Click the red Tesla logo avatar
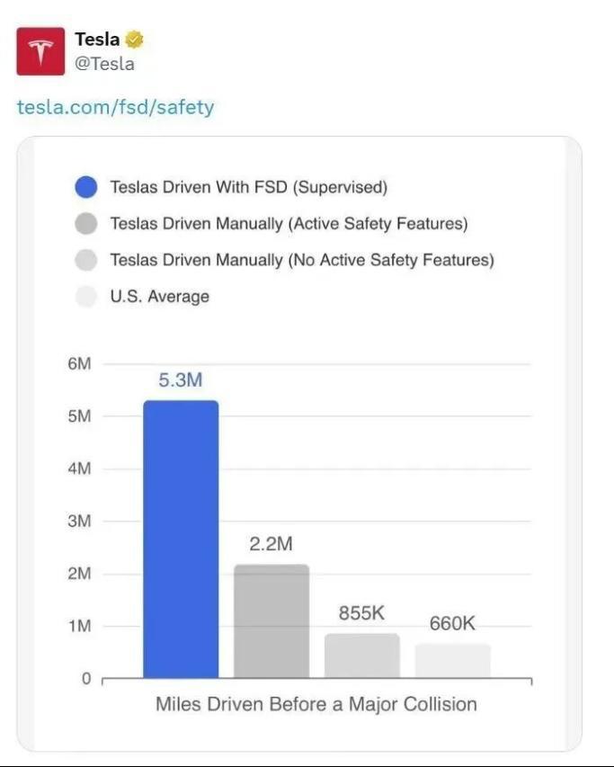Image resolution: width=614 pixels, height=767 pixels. (x=40, y=50)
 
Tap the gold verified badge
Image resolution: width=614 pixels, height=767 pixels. (x=135, y=40)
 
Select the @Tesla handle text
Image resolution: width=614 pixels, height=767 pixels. (x=104, y=64)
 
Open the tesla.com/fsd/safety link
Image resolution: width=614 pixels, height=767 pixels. (x=116, y=108)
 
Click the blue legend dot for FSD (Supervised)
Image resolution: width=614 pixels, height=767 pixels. (x=86, y=188)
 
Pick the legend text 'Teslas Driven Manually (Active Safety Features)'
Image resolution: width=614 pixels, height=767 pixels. (x=289, y=224)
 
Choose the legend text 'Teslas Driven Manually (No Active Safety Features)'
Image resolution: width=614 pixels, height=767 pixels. (x=302, y=260)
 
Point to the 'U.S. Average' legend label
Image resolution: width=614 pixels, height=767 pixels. (x=159, y=296)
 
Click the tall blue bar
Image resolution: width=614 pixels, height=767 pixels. (x=181, y=539)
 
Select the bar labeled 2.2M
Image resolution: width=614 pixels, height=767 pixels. (x=271, y=620)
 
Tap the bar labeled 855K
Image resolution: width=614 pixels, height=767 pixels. (x=361, y=656)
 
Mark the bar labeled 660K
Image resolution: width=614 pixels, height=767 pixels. (x=452, y=661)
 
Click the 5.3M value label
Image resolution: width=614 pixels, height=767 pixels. (x=181, y=380)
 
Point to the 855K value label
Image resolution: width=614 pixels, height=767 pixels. (x=361, y=613)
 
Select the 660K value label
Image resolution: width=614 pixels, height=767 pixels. (x=452, y=623)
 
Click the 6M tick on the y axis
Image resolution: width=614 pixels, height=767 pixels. (x=79, y=364)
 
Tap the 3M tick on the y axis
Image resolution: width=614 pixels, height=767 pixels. (x=79, y=522)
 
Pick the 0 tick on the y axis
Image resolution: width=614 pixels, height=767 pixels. (x=85, y=679)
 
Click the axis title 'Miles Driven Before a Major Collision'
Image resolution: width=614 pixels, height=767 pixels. (x=316, y=704)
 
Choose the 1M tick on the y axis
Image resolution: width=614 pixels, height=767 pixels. (x=79, y=626)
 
